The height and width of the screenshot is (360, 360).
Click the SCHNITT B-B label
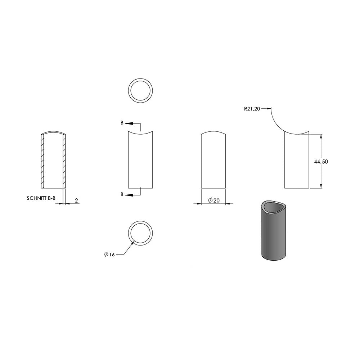point(41,198)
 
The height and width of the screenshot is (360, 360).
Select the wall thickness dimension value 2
point(76,201)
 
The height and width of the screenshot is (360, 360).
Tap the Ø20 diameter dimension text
point(214,201)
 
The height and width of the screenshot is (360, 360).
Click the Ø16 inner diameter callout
point(109,255)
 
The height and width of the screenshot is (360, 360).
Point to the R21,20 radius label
point(252,109)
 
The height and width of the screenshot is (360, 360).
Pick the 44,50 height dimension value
point(321,162)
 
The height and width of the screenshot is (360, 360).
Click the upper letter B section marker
point(122,123)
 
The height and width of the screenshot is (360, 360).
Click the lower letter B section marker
point(122,194)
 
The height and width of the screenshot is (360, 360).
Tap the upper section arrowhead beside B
point(129,123)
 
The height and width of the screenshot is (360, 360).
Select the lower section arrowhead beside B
point(129,195)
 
